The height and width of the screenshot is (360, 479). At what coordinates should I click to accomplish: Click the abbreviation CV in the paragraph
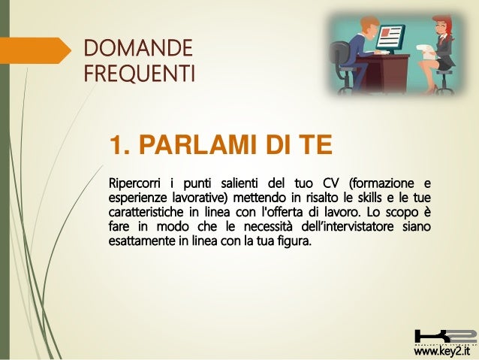coord(331,183)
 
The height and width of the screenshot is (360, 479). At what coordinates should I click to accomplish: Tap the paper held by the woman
coord(429,52)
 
